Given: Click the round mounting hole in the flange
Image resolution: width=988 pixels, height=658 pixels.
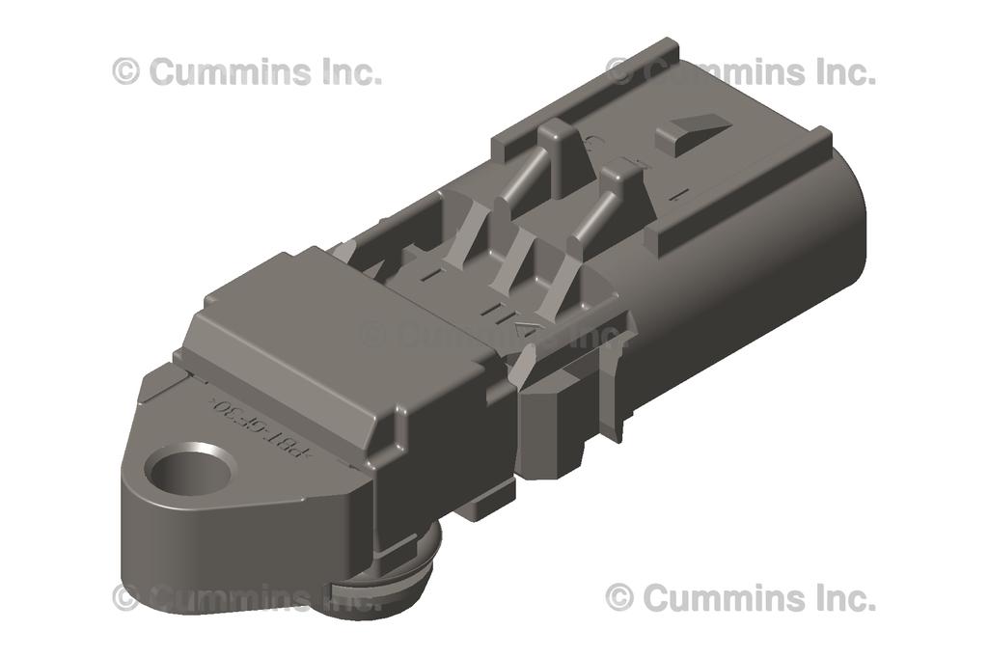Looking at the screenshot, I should point(190,468).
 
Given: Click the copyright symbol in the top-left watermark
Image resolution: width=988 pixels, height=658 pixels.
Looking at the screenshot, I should point(125,71).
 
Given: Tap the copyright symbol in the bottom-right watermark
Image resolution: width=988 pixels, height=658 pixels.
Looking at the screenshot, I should point(618,597).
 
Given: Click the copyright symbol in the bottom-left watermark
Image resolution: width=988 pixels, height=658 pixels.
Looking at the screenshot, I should point(125,597).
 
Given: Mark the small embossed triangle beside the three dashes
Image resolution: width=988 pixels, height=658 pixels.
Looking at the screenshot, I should point(527,330).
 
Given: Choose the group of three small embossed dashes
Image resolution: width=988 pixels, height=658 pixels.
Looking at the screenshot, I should point(502,312).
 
